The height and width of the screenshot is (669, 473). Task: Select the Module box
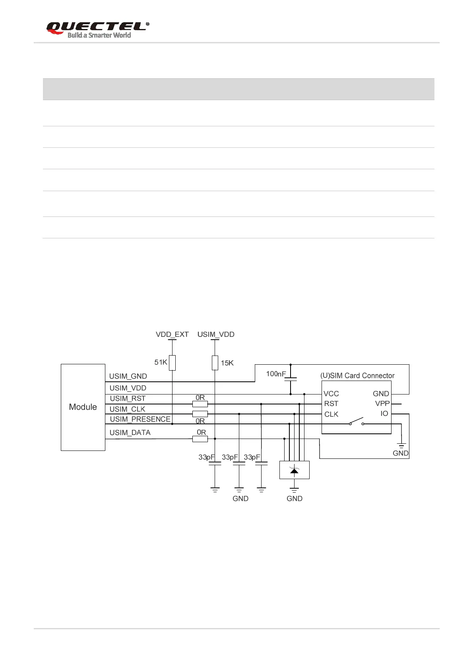point(83,407)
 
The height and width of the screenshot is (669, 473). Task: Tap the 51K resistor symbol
point(172,362)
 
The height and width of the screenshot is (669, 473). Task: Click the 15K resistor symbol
point(215,362)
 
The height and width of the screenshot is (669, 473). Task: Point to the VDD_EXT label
point(172,334)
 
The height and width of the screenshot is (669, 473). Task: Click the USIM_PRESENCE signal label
point(140,419)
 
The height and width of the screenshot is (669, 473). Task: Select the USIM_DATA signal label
point(130,433)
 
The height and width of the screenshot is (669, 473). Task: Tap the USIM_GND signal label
point(128,376)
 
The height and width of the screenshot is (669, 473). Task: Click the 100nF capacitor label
point(276,374)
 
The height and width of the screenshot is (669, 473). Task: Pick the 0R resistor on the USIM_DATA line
point(200,439)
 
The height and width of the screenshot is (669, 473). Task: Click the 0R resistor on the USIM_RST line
point(200,404)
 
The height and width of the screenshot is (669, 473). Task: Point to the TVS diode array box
point(294,470)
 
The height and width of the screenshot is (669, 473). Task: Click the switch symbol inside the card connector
point(357,422)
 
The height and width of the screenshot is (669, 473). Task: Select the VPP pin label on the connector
point(382,404)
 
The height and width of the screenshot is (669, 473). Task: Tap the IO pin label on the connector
point(384,414)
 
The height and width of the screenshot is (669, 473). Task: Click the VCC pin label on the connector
point(331,394)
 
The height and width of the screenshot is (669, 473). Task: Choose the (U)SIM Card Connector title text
point(357,375)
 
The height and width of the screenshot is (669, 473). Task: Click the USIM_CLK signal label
point(127,409)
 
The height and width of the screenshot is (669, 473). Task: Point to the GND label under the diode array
point(295,499)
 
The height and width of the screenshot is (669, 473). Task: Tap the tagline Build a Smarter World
point(99,35)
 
